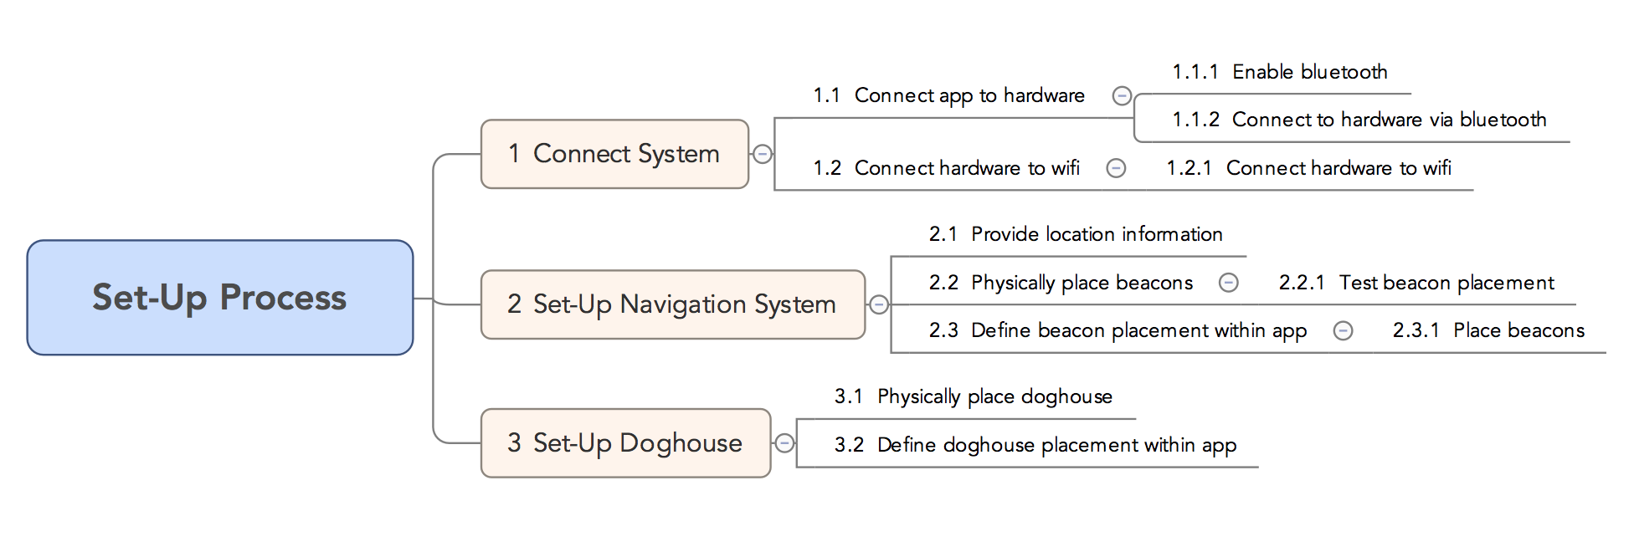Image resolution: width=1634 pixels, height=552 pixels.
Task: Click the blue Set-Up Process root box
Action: click(x=219, y=297)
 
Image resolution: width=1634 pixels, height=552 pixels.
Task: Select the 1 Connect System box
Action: click(x=614, y=154)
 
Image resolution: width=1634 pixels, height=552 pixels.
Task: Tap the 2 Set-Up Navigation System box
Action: click(x=672, y=304)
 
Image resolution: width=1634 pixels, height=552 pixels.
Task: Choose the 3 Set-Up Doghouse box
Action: click(x=624, y=442)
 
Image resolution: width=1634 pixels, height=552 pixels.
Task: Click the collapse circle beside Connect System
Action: click(x=763, y=154)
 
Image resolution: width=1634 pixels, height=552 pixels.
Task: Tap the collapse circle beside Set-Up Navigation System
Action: click(x=879, y=304)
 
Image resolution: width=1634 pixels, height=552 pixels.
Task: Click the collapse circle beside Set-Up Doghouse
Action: click(x=784, y=443)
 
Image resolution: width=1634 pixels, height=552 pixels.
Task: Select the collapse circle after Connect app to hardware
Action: click(x=1122, y=96)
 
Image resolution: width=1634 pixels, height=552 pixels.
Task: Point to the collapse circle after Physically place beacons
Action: click(x=1228, y=283)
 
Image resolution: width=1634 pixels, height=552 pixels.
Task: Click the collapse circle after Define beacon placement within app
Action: click(x=1343, y=331)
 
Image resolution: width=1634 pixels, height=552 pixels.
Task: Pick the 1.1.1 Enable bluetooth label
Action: click(x=1280, y=72)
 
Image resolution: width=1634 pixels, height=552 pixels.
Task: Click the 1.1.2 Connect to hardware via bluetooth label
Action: click(x=1359, y=120)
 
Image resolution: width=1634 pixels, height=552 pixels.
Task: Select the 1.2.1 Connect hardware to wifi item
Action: click(x=1308, y=168)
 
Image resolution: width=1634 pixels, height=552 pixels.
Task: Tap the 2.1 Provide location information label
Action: click(x=1076, y=234)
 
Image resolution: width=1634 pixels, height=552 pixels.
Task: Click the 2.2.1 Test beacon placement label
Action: click(x=1416, y=283)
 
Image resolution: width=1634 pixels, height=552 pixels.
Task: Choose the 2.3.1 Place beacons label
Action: click(x=1488, y=330)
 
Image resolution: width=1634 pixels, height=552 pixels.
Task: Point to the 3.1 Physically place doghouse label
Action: click(x=973, y=396)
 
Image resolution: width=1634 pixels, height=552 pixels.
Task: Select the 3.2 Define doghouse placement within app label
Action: click(x=1035, y=445)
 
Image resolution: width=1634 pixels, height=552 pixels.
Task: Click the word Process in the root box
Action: click(x=283, y=298)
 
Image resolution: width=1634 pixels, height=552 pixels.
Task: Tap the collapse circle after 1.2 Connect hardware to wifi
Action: click(x=1116, y=168)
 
